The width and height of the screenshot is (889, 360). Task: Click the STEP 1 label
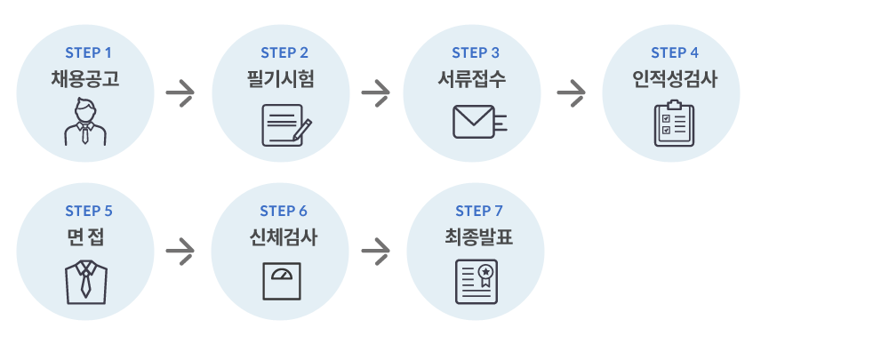point(85,53)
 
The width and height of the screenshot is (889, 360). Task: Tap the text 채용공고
point(85,79)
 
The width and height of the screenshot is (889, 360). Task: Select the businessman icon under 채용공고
point(85,123)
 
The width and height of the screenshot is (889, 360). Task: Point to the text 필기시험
point(281,79)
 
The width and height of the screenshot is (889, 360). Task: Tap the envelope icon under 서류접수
point(478,122)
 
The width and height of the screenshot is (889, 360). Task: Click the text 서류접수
point(472,79)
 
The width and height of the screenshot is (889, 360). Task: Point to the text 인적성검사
point(670,79)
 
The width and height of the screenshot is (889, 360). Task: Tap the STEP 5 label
point(89,212)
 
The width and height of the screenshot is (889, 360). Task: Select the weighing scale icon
point(281,281)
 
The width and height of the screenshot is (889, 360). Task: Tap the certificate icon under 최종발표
point(476,282)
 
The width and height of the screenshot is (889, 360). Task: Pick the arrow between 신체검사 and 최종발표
point(376,252)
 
